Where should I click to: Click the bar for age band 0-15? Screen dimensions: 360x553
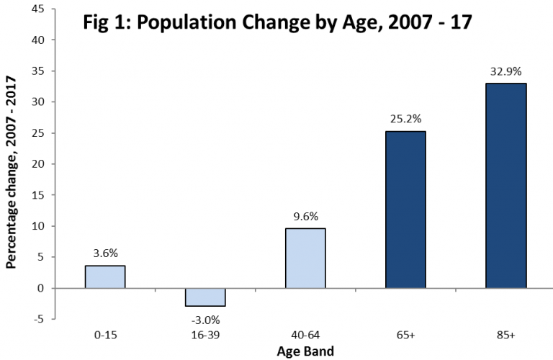tap(104, 277)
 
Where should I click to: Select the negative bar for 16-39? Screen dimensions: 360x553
tap(204, 297)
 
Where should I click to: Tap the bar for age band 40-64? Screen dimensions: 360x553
tap(305, 258)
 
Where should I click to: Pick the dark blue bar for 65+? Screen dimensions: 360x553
tap(405, 210)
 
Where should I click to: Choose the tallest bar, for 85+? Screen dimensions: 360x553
tap(505, 186)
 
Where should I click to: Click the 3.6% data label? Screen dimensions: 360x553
tap(104, 253)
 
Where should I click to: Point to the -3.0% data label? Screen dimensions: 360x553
tap(204, 319)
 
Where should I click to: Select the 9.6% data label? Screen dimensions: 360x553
tap(305, 216)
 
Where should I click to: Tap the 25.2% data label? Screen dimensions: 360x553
tap(405, 119)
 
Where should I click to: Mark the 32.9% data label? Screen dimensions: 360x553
tap(505, 71)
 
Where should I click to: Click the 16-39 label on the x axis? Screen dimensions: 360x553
tap(204, 336)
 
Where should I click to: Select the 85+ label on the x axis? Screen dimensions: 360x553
tap(505, 336)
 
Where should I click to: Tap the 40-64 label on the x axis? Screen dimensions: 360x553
tap(305, 336)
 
